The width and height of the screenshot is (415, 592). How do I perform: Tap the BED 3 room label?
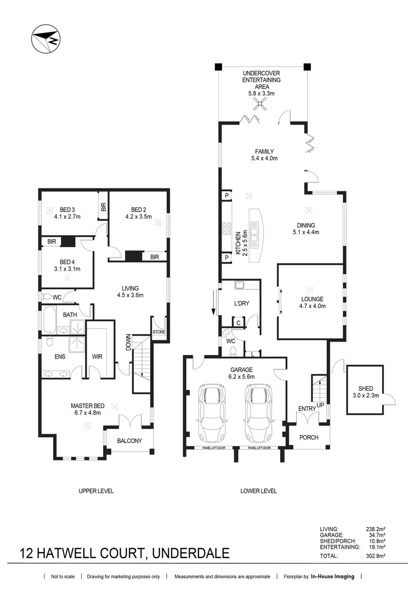click(67, 209)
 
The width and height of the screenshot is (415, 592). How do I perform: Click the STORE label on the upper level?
click(158, 332)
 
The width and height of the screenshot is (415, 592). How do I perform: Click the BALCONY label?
click(129, 441)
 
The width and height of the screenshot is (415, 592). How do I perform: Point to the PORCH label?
click(309, 437)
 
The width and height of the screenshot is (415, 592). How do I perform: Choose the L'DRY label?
click(242, 303)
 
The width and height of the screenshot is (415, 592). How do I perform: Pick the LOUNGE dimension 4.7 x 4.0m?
click(312, 306)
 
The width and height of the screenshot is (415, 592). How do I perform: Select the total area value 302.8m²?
click(376, 556)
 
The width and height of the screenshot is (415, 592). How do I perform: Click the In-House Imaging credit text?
click(333, 577)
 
